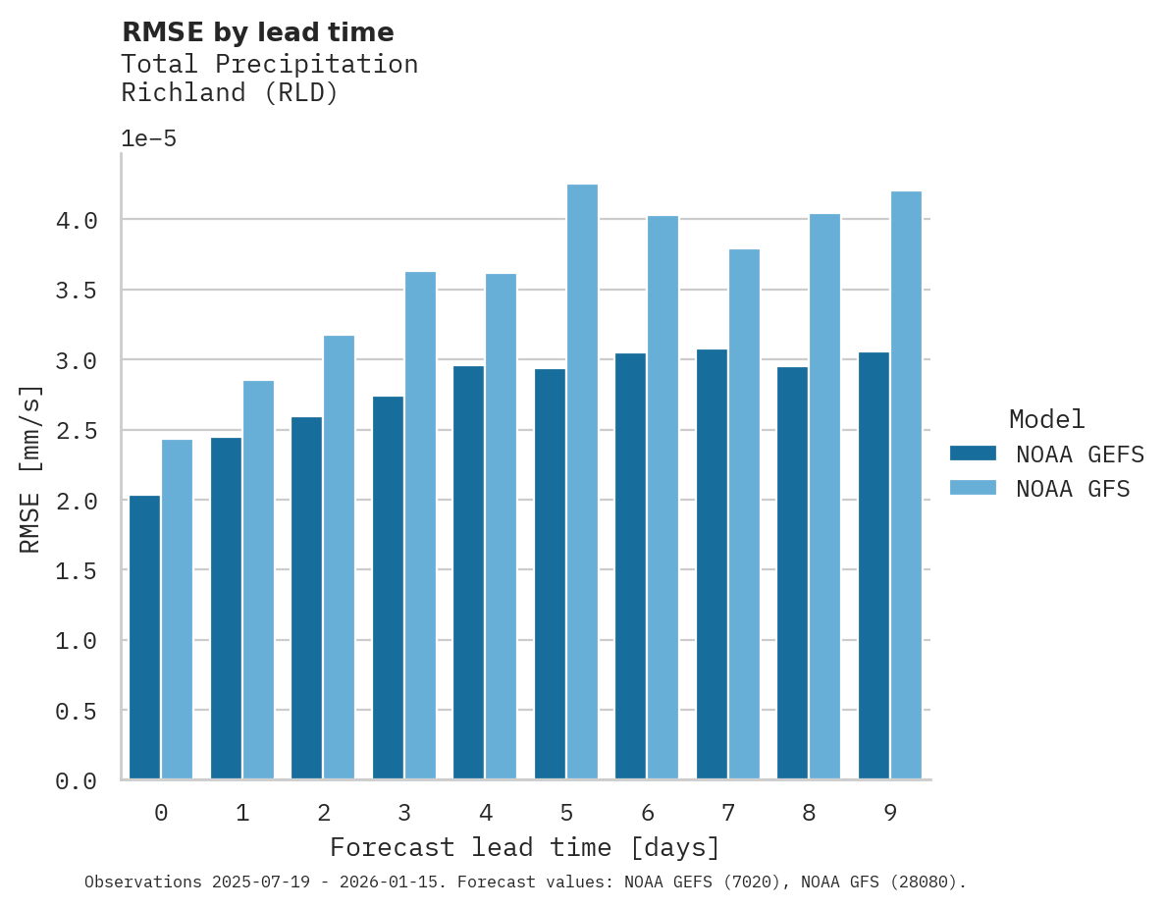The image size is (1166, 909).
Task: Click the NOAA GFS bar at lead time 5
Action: coord(582,482)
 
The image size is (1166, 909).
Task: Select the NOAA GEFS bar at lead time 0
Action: coord(144,637)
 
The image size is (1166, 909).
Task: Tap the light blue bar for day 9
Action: coord(906,485)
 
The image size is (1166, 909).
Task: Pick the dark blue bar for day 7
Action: coord(712,564)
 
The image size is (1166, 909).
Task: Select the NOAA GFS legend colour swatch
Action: coord(973,488)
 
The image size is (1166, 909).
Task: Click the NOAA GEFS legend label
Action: coord(1080,454)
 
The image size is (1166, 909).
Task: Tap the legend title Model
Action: coord(1046,419)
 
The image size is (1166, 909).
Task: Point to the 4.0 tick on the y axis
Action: coord(77,221)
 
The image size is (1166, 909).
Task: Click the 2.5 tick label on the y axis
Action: coord(77,431)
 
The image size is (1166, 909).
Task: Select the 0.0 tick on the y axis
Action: coord(77,781)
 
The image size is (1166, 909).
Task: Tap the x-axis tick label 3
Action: coord(404,813)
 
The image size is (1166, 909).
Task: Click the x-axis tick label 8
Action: coord(809,813)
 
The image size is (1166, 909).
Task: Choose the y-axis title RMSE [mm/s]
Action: coord(30,469)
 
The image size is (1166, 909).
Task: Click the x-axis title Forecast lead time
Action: coord(524,847)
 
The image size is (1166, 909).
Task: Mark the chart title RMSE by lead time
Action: coord(257,32)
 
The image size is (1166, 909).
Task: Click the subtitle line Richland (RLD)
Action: coord(229,93)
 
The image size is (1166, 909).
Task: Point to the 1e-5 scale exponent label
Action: coord(148,138)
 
